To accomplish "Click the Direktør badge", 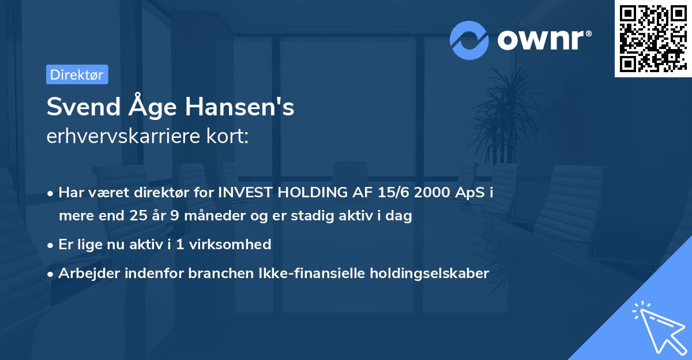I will point(77,74).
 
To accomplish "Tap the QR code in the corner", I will point(652,38).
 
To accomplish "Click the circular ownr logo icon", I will point(469,40).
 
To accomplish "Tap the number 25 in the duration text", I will point(127,216).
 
